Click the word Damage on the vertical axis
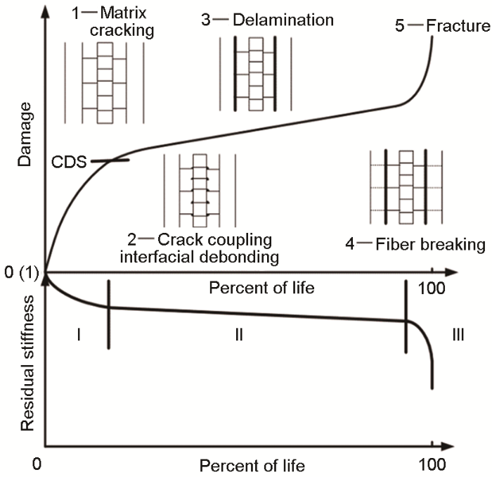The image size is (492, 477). tap(25, 134)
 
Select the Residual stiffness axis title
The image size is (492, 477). tap(27, 363)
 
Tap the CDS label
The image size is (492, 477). tap(69, 162)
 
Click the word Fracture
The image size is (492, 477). tap(458, 26)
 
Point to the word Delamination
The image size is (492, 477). tap(283, 20)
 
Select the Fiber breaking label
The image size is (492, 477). tap(430, 244)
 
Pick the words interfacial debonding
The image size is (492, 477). tap(200, 257)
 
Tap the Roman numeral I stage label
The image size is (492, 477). tap(79, 335)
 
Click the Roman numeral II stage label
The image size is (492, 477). tap(239, 335)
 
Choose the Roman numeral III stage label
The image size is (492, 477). tap(458, 335)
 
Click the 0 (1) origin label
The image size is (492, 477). tap(21, 272)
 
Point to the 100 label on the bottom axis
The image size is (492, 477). tap(432, 464)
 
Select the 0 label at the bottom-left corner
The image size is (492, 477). tap(37, 464)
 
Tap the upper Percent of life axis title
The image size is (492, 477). tap(261, 288)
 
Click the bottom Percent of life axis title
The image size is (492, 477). tap(252, 465)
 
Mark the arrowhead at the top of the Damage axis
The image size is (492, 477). tap(46, 8)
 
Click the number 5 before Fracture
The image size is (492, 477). tap(399, 26)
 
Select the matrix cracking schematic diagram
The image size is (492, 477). tap(104, 83)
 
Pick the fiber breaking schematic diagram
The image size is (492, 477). tap(406, 187)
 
